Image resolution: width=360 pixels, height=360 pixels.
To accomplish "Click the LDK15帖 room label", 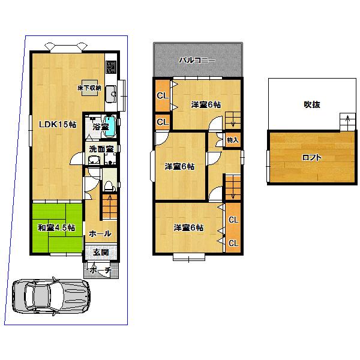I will tap(57, 125).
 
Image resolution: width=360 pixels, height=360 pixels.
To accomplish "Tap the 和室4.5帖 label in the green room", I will tap(56, 227).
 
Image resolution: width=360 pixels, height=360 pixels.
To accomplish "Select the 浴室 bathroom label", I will tap(92, 127).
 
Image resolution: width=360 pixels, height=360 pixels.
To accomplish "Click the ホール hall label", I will tap(100, 233).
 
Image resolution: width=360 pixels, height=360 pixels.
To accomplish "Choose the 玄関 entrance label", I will tap(100, 253).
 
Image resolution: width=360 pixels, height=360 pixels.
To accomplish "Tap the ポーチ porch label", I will tap(100, 271).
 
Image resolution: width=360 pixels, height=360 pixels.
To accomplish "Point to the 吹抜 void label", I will tap(311, 104).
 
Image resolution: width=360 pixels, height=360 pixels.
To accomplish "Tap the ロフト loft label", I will tap(311, 158).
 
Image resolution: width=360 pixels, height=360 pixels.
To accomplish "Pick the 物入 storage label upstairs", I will tap(233, 140).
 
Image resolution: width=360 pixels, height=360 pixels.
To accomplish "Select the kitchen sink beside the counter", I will tap(111, 94).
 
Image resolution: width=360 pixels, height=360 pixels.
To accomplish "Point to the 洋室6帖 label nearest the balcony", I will tap(206, 104).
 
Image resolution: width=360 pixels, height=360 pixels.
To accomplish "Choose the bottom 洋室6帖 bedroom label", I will tap(188, 227).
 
